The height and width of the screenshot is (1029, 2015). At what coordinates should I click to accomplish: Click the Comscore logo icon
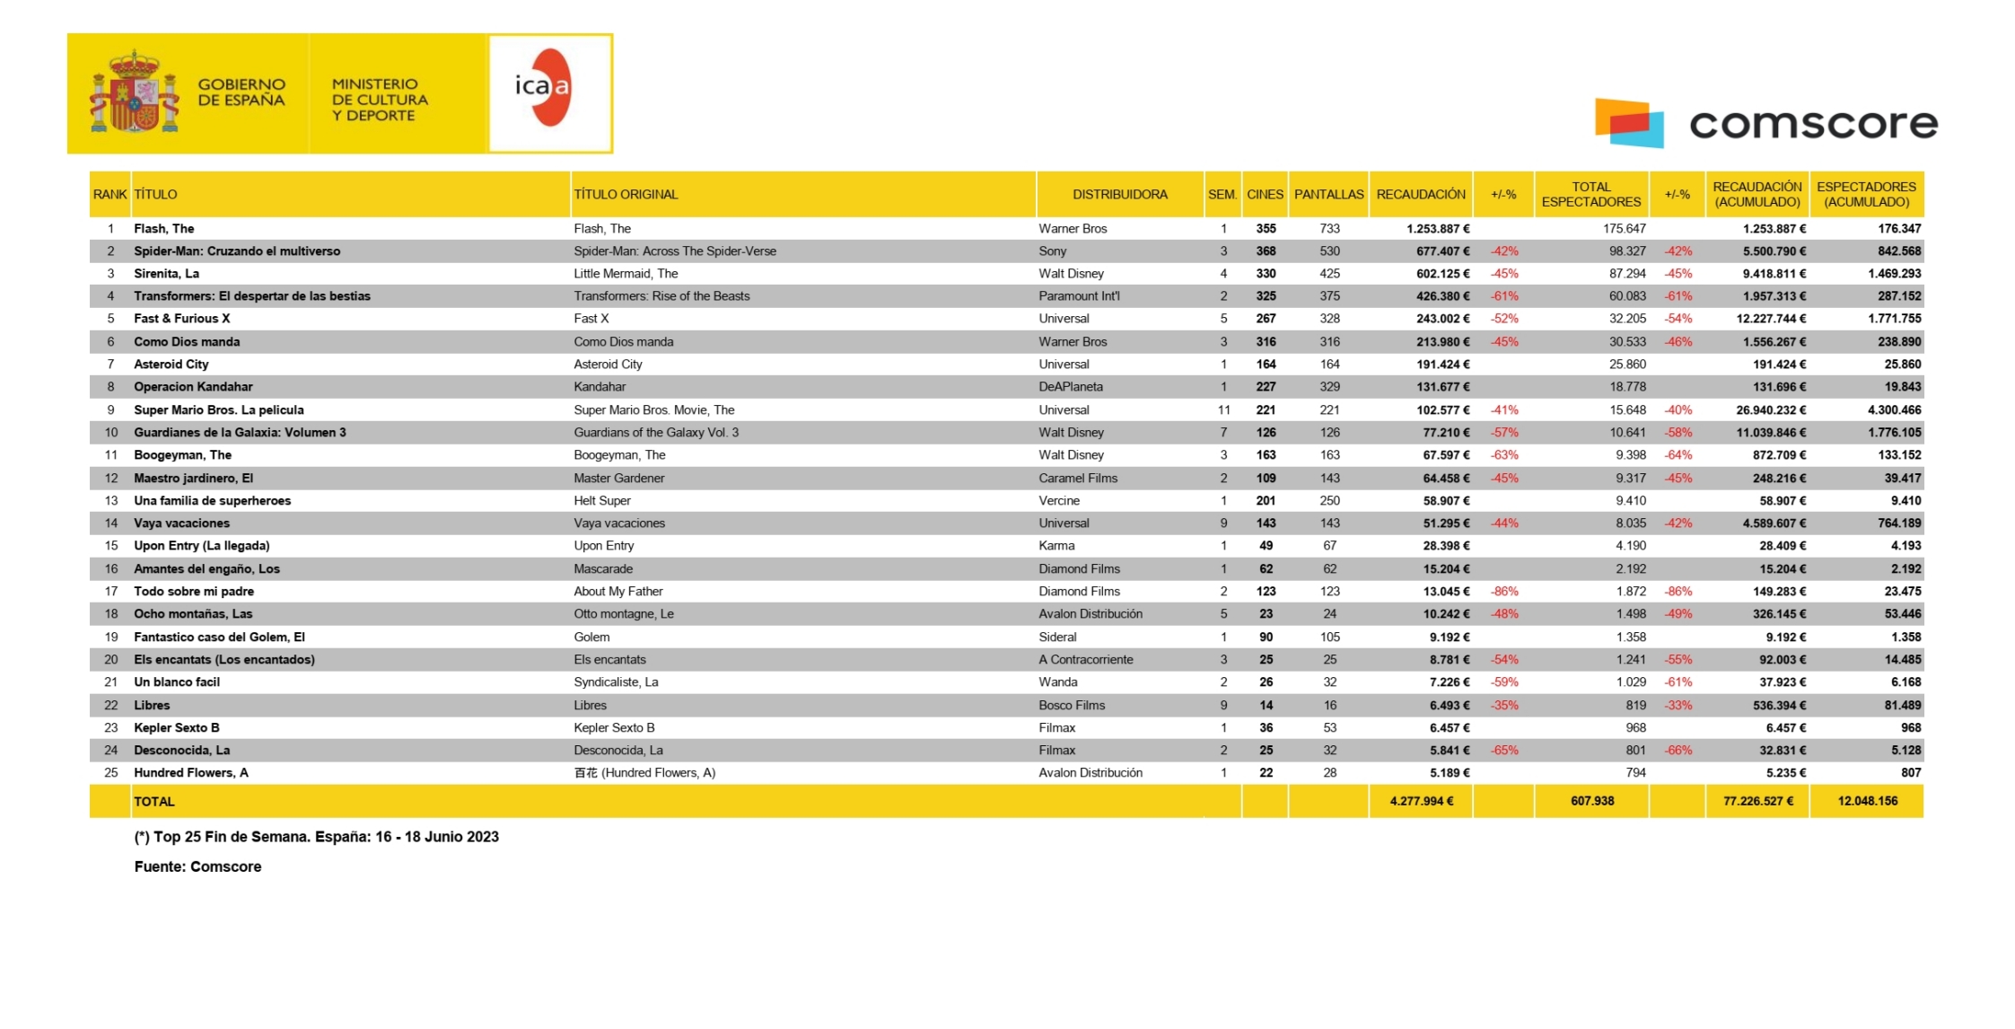(x=1628, y=123)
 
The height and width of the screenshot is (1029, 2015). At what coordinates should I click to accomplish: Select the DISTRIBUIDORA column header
(x=1119, y=195)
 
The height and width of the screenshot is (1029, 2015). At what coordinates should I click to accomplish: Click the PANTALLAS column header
(x=1328, y=195)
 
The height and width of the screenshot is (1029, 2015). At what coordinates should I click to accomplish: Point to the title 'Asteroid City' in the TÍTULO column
(x=171, y=365)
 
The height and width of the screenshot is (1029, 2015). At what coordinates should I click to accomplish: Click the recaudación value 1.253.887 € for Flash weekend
(x=1438, y=229)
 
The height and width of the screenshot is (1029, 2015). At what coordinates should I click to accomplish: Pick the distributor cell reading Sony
(x=1053, y=251)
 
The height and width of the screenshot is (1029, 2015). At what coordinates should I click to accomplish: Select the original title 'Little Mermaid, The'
(x=626, y=274)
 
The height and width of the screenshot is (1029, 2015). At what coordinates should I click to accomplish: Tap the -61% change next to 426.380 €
(x=1504, y=296)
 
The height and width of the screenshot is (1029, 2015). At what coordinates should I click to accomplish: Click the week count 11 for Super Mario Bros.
(x=1223, y=410)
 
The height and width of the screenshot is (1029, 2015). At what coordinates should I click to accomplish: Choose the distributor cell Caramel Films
(x=1078, y=479)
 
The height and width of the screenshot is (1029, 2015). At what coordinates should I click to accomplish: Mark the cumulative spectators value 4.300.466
(x=1894, y=410)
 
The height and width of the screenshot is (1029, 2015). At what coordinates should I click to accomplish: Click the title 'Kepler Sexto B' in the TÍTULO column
(x=177, y=728)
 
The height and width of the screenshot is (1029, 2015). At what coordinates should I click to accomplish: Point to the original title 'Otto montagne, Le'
(x=624, y=614)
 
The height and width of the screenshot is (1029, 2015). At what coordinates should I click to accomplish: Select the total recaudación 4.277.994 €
(x=1422, y=801)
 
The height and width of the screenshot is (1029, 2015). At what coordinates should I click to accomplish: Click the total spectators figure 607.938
(x=1592, y=801)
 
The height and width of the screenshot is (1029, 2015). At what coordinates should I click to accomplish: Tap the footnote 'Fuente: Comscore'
(x=197, y=867)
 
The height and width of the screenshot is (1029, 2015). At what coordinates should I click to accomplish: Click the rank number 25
(x=111, y=773)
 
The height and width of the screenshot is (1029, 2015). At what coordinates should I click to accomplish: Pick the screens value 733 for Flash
(x=1329, y=229)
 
